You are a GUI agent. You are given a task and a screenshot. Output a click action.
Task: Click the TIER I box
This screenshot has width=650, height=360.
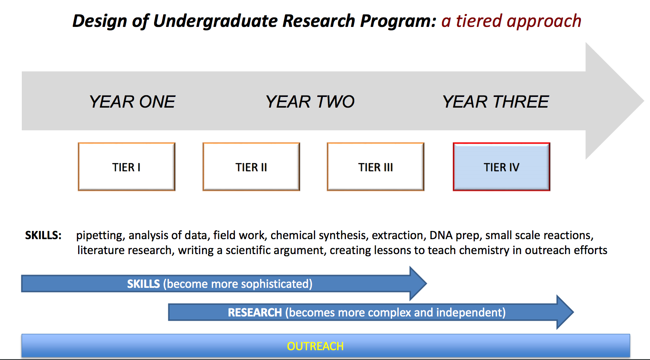[126, 167]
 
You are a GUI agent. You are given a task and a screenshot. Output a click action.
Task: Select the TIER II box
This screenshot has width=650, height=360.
[251, 167]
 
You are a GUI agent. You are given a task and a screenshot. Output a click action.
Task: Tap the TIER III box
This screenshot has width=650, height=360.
[375, 167]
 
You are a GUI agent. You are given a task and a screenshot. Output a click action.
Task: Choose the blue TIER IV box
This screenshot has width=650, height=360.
[501, 167]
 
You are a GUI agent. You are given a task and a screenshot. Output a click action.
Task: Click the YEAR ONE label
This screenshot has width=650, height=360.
[132, 102]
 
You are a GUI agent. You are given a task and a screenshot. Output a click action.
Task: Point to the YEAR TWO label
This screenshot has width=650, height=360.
[310, 102]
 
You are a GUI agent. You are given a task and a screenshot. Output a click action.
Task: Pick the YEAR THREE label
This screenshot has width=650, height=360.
[495, 102]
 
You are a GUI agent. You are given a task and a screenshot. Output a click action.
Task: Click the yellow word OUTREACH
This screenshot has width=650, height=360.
[315, 346]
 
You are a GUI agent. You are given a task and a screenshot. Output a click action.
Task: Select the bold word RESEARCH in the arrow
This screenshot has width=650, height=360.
[255, 313]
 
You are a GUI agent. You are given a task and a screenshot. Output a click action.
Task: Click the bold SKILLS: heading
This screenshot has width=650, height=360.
[43, 235]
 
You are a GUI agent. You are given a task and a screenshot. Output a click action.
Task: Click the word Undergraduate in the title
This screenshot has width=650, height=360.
[215, 21]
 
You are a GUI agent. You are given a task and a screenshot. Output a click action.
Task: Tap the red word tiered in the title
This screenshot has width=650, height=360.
[479, 21]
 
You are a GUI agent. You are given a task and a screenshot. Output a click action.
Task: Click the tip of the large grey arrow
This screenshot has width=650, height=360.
[644, 101]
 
